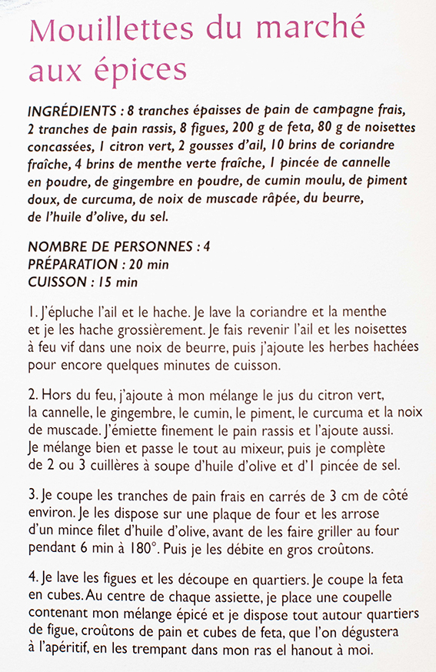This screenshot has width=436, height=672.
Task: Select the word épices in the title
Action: pos(141,70)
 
